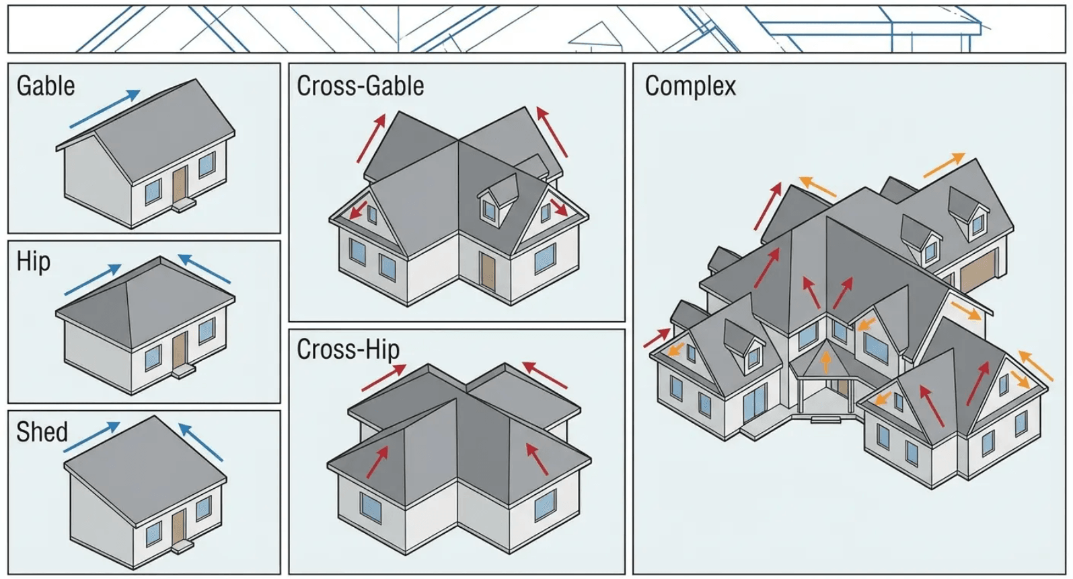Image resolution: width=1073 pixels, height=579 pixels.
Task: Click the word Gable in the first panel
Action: point(46,86)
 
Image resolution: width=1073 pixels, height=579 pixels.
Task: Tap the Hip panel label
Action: point(34,261)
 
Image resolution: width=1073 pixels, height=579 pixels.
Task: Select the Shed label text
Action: point(42,432)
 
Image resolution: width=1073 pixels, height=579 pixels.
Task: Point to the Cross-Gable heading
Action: point(360,86)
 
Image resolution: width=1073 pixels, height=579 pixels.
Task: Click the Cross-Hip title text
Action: point(348,349)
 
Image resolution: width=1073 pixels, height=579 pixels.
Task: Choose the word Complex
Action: point(690,86)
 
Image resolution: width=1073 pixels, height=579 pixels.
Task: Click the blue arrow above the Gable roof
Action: point(105,109)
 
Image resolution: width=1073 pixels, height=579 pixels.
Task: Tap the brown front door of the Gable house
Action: point(180,183)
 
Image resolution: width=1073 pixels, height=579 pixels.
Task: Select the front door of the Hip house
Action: point(179,349)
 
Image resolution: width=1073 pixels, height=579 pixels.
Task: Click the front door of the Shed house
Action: point(178,526)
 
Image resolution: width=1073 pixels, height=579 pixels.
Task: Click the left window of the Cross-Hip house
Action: point(369,508)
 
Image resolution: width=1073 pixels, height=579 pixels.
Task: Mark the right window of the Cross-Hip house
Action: point(545,505)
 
